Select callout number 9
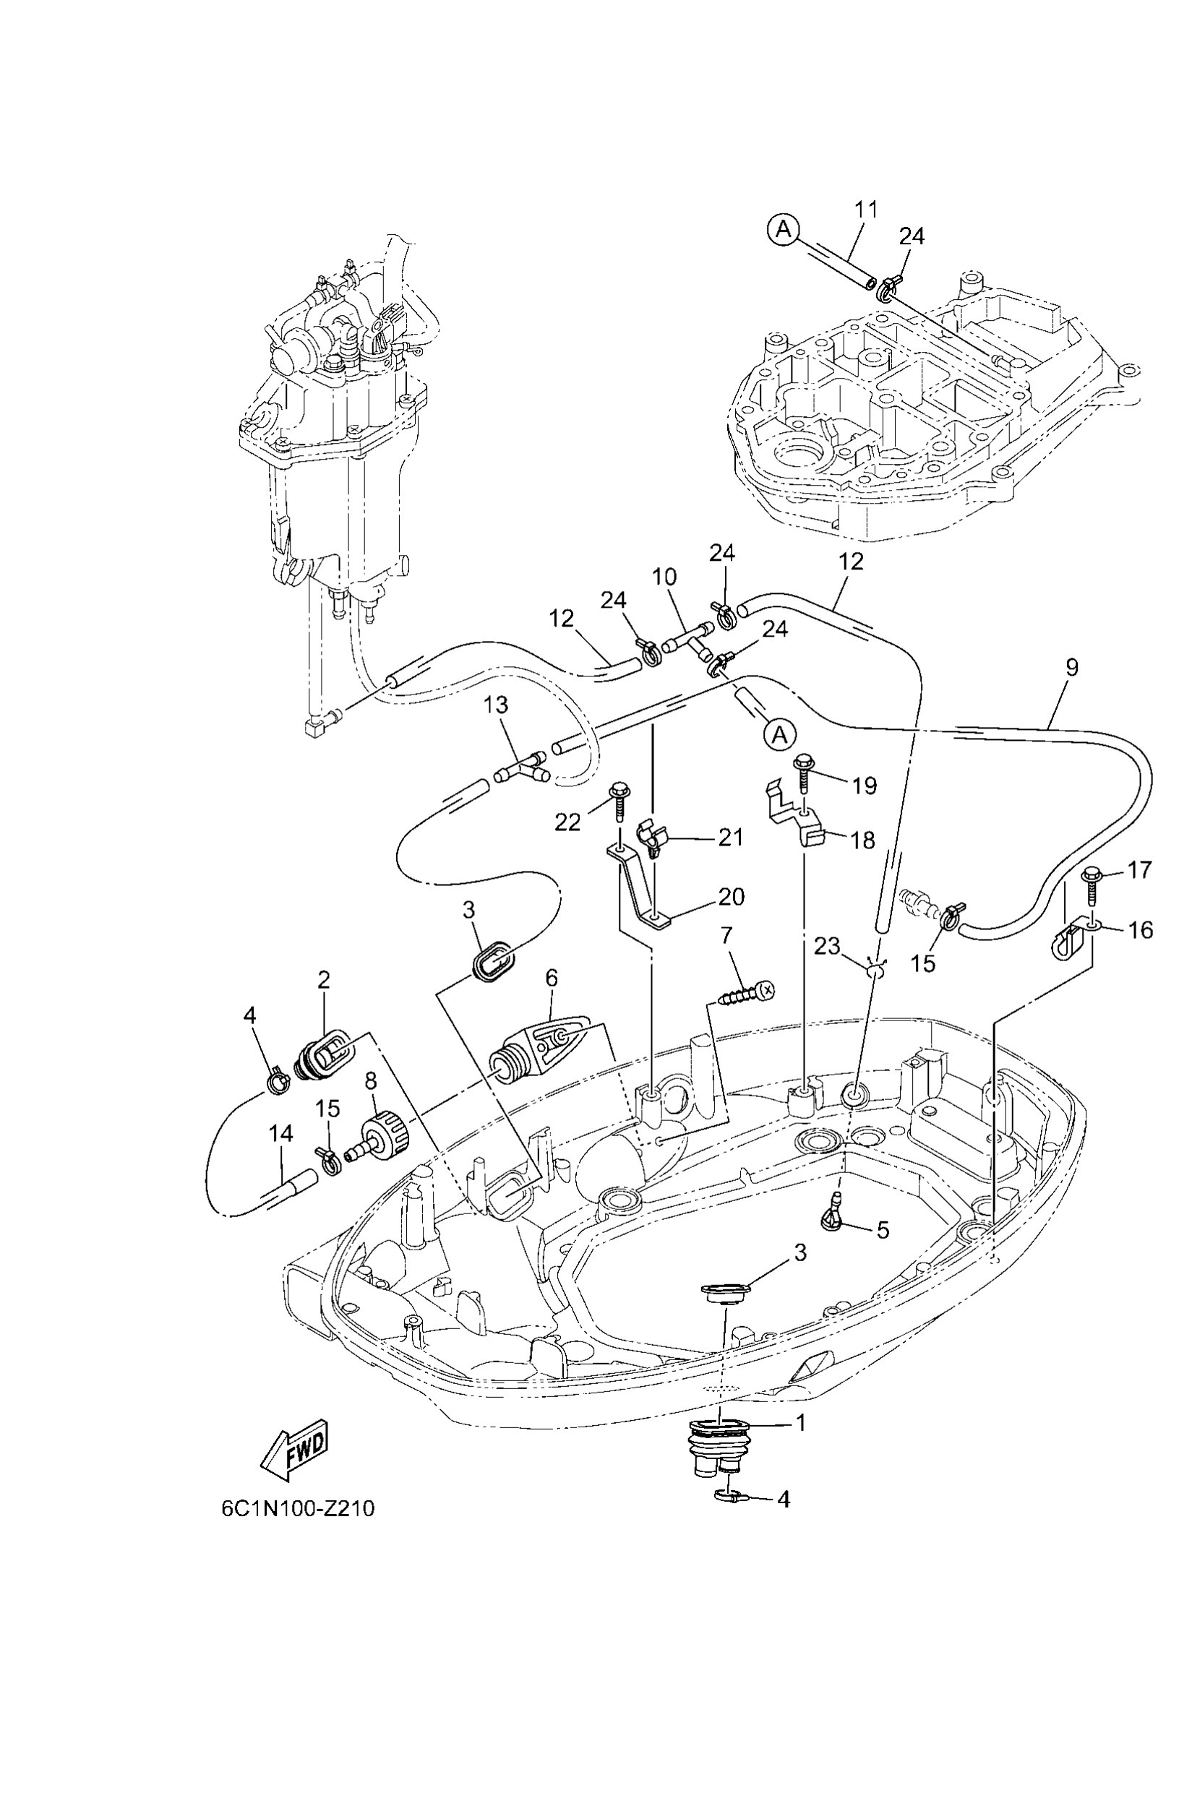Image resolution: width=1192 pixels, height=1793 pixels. tap(1072, 667)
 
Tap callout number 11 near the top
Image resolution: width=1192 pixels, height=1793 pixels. tap(866, 209)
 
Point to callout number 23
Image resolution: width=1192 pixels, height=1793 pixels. tap(827, 946)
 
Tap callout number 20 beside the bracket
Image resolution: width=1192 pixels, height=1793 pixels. tap(732, 897)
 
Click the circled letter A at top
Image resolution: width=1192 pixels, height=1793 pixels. tap(783, 229)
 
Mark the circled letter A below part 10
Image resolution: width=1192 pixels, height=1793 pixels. tap(779, 735)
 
